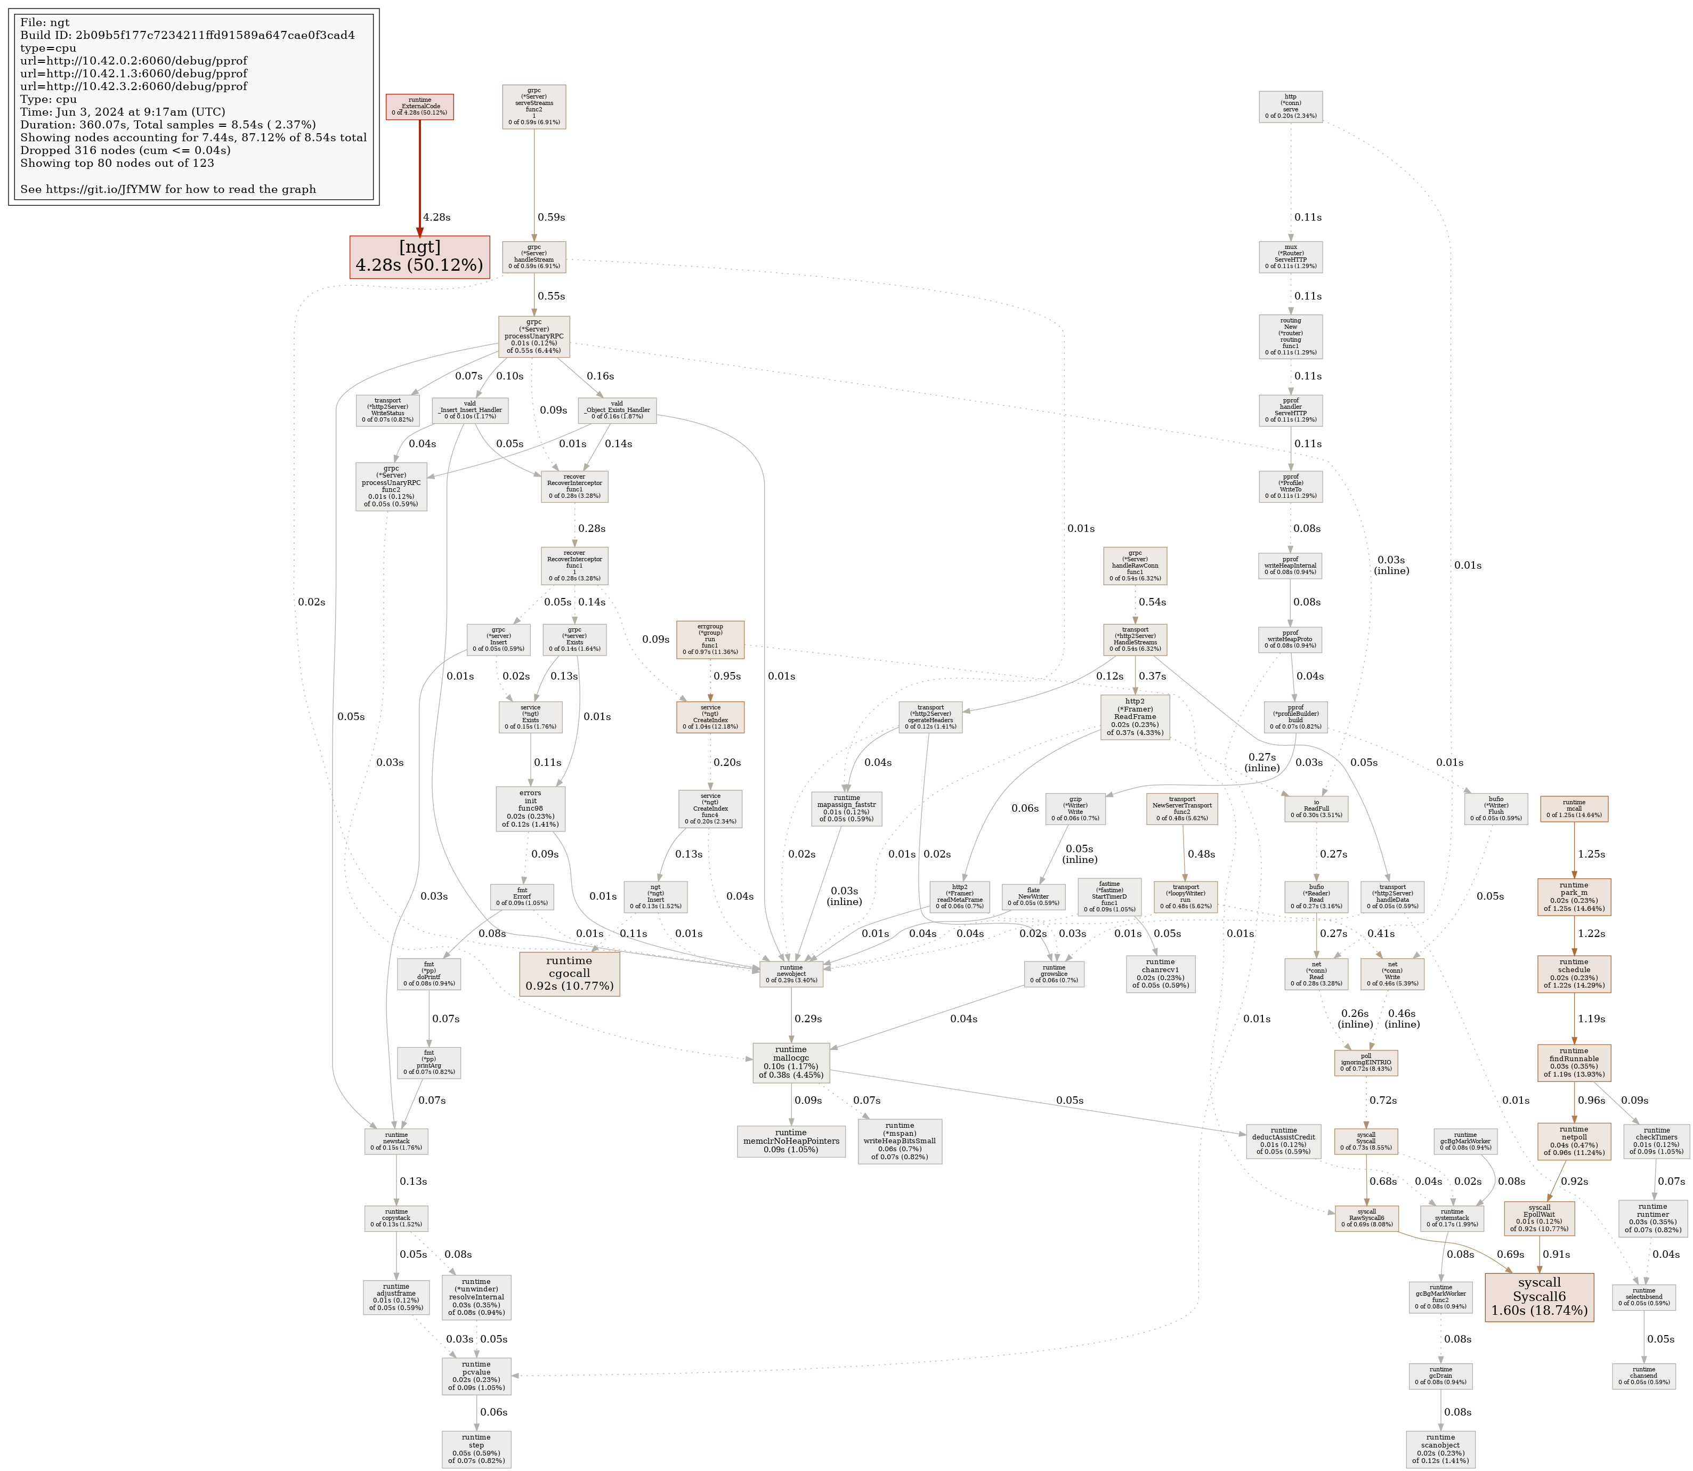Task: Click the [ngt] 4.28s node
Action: (419, 257)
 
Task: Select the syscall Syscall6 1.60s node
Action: (1538, 1297)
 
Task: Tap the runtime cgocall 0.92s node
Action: (569, 974)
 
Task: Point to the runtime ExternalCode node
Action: (419, 107)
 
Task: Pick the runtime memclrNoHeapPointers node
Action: (790, 1141)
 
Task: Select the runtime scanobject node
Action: (1440, 1449)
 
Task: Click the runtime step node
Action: (476, 1449)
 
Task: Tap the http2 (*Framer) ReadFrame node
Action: (1135, 717)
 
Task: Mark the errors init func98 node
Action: (530, 809)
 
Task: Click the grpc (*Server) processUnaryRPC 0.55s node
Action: (533, 336)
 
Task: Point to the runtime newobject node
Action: (790, 974)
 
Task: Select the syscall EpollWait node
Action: (1538, 1218)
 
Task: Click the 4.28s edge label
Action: (436, 217)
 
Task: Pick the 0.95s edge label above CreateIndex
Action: (726, 676)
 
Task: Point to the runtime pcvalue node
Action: (476, 1376)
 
